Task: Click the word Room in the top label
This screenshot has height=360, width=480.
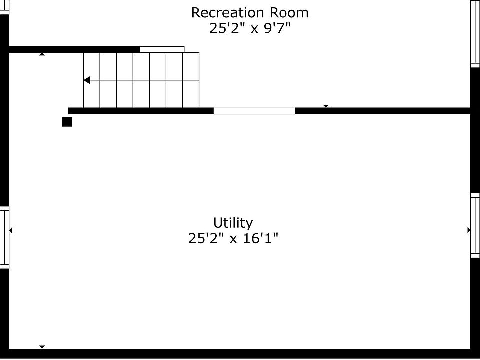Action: coord(290,12)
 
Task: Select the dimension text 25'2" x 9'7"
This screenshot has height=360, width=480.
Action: coord(250,28)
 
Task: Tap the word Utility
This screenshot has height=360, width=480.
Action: coord(233,222)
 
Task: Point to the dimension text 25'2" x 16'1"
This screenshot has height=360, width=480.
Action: coord(233,239)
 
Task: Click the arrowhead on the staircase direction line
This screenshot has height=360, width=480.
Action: coord(86,80)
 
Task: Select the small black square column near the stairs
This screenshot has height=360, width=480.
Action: coord(67,122)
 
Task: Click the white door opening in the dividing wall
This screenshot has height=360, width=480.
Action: coord(254,111)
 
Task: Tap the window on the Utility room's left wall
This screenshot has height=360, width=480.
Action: coord(4,237)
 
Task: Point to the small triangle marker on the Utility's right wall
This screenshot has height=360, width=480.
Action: coord(469,230)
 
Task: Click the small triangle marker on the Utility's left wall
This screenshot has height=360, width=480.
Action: coord(11,230)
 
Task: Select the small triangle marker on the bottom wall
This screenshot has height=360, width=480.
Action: coord(42,346)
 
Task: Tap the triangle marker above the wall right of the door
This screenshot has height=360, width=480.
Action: coord(326,106)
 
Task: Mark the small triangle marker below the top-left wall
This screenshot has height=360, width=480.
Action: coord(42,54)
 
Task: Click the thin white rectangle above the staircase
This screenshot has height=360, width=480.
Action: coord(162,49)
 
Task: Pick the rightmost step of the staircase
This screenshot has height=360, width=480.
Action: coord(191,80)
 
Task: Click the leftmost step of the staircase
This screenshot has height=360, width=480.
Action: coord(91,80)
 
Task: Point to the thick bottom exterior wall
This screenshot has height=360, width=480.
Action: coord(240,353)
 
